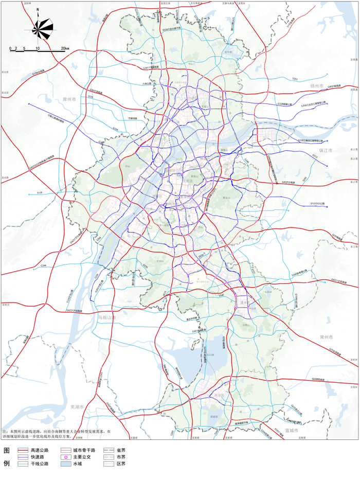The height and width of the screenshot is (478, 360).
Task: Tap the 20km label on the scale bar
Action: pos(65,48)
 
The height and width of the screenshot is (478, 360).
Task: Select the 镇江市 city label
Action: pos(327,150)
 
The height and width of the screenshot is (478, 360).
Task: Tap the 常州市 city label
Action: pos(326,337)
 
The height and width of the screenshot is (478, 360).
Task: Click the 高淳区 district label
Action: pos(220,395)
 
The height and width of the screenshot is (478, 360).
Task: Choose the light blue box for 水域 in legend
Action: pos(64,464)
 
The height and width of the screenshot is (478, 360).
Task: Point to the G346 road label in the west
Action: pos(44,265)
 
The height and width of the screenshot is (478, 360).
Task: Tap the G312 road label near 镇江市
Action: pos(314,156)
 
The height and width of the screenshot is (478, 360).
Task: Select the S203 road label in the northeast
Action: pos(295,79)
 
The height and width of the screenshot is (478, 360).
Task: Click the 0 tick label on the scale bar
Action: pos(10,48)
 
